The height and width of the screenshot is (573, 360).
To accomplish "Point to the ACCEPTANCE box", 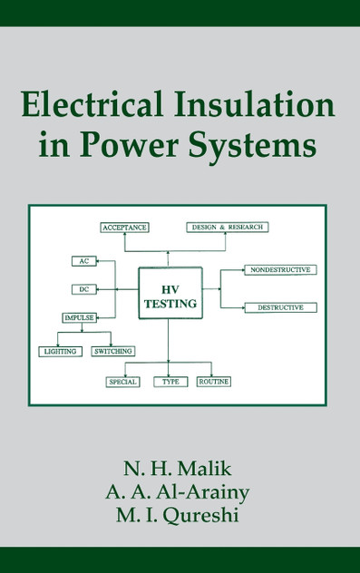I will click(124, 227).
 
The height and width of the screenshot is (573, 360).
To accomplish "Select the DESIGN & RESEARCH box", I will click(228, 227).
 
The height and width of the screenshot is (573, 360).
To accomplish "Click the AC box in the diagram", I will click(83, 261).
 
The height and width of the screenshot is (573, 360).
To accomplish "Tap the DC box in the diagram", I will click(83, 289).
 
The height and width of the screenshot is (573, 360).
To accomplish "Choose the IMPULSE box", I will click(79, 318).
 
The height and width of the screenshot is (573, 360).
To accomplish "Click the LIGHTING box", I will click(60, 351).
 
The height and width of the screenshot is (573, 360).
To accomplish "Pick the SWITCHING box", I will click(113, 351).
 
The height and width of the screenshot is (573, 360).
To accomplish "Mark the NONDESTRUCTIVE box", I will click(280, 270).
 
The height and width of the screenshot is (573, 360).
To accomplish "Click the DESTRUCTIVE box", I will click(280, 307).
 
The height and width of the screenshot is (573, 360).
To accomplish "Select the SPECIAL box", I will click(122, 382).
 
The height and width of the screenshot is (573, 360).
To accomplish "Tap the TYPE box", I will click(170, 382).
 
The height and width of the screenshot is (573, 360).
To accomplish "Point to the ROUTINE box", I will click(214, 382).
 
